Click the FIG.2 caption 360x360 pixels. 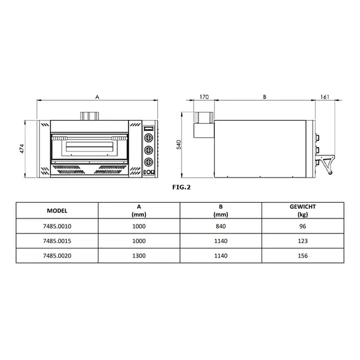[181, 187]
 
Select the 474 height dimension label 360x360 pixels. [22, 149]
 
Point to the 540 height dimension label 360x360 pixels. [178, 145]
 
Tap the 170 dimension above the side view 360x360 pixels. [203, 95]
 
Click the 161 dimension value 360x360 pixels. [325, 95]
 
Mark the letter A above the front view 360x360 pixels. [97, 95]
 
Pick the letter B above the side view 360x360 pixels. [265, 95]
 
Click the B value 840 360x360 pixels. [220, 227]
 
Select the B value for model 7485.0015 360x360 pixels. [220, 241]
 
